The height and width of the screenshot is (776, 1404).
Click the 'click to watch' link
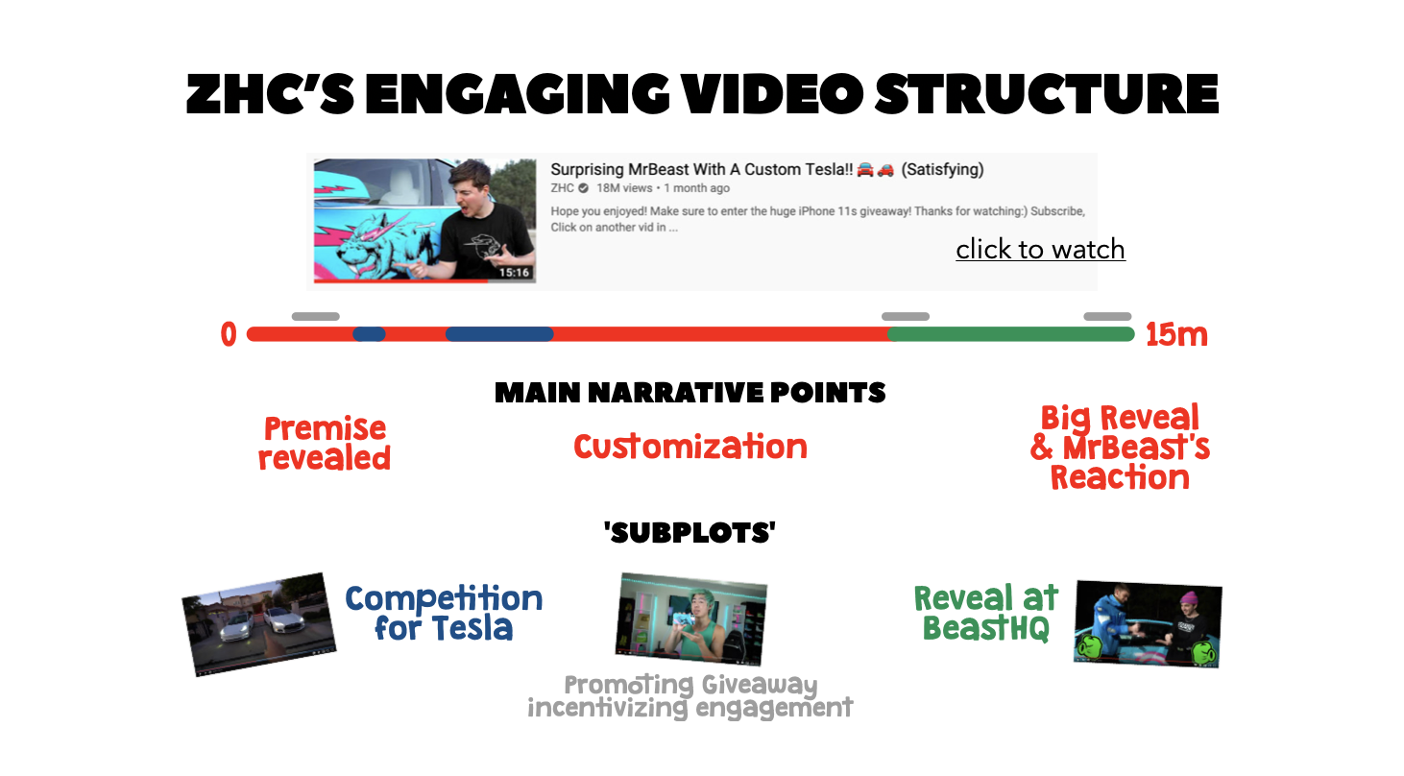(1040, 250)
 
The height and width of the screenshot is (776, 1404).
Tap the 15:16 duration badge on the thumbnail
(514, 272)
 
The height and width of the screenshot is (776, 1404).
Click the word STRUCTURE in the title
(1046, 94)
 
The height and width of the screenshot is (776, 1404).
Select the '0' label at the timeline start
(229, 334)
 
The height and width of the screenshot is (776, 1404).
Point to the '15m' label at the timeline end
(1176, 334)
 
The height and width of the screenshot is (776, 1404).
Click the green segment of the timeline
(1011, 334)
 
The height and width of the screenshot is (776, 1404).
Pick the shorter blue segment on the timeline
(369, 334)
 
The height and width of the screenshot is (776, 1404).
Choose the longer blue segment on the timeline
(499, 334)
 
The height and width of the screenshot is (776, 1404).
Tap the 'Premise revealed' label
(325, 443)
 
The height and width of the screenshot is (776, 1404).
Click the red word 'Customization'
(690, 447)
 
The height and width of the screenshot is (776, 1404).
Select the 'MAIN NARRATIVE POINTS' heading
(690, 393)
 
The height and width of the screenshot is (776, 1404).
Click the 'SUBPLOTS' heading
(690, 533)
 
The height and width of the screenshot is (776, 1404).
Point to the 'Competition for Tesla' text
(444, 613)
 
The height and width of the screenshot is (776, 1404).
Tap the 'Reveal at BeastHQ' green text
(986, 613)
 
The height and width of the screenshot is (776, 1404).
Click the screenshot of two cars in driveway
(259, 624)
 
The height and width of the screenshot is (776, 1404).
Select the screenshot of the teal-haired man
(690, 618)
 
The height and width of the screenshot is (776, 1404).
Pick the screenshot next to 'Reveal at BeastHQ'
(1148, 624)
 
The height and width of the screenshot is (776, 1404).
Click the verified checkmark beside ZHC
(583, 188)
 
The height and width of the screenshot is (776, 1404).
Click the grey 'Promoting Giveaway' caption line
(690, 685)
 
